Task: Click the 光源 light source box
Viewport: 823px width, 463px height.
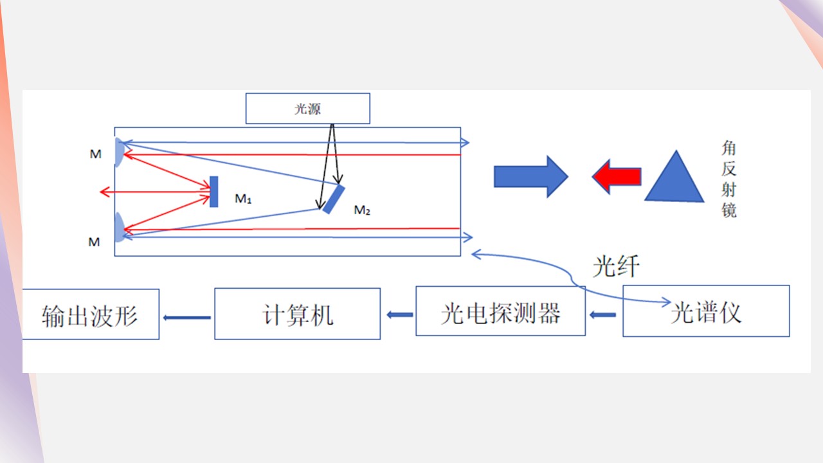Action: pyautogui.click(x=307, y=109)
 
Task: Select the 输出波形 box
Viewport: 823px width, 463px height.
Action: pyautogui.click(x=90, y=314)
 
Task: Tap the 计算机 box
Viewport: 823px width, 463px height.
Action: pyautogui.click(x=297, y=314)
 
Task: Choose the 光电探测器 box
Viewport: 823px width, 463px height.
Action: pyautogui.click(x=500, y=312)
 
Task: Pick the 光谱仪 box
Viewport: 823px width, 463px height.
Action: pyautogui.click(x=706, y=311)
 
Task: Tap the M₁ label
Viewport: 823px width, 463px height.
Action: pyautogui.click(x=243, y=199)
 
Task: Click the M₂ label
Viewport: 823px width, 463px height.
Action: pyautogui.click(x=363, y=210)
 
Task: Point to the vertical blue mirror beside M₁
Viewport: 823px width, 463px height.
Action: pyautogui.click(x=213, y=192)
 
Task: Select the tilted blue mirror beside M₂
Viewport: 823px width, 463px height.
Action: pyautogui.click(x=333, y=199)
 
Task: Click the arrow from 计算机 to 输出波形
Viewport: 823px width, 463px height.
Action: pyautogui.click(x=187, y=317)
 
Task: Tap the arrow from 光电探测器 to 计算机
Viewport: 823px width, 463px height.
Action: pyautogui.click(x=399, y=314)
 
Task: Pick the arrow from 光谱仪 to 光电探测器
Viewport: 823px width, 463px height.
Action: pyautogui.click(x=603, y=314)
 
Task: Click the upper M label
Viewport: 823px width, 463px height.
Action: pyautogui.click(x=95, y=154)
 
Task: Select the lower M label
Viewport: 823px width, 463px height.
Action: pyautogui.click(x=94, y=242)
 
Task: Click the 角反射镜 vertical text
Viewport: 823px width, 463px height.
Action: pyautogui.click(x=728, y=180)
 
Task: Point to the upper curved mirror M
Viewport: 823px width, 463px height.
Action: pyautogui.click(x=120, y=152)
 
